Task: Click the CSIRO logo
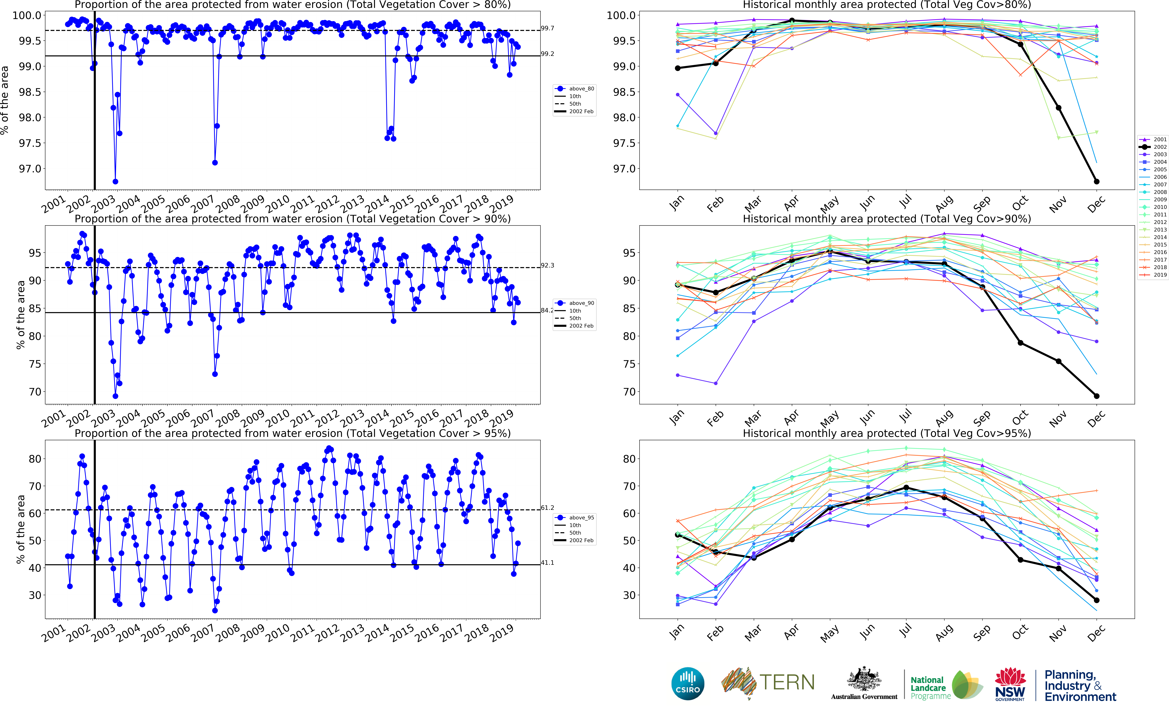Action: coord(687,684)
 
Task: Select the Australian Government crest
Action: coord(864,679)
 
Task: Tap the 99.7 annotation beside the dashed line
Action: coord(547,28)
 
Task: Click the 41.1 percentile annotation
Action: coord(547,563)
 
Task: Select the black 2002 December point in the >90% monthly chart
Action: coord(1096,396)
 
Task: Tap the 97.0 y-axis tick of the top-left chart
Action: coord(30,169)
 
